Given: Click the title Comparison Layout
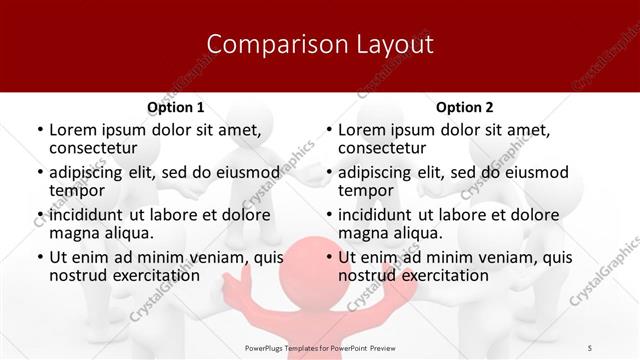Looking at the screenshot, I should [320, 44].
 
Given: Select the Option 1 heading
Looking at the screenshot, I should [176, 107].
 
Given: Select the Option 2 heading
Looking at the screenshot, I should [465, 107].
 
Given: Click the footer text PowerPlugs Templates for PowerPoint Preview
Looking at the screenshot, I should [320, 347].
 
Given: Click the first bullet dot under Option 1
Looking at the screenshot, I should [39, 131].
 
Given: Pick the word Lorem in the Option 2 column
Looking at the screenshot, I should [362, 130].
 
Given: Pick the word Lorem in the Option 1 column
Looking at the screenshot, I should [73, 130].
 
